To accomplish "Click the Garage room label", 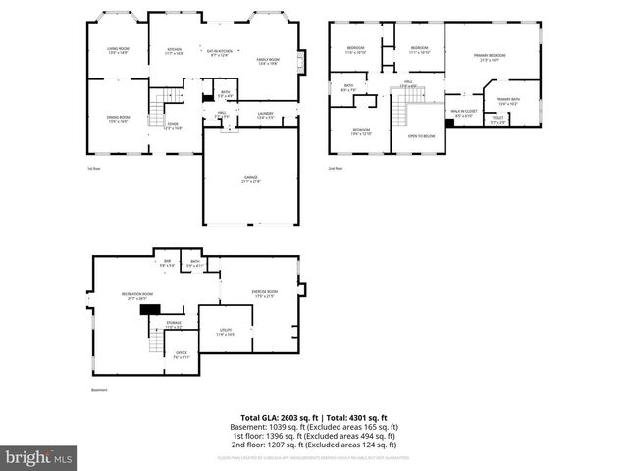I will click(252, 178).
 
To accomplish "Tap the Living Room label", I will click(118, 51).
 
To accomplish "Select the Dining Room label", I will click(119, 119).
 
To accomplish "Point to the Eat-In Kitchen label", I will click(219, 52).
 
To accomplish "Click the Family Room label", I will click(268, 61).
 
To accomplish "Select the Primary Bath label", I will click(508, 101).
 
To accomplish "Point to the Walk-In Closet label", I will click(464, 114).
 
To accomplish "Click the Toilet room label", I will click(498, 120).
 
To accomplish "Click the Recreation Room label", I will click(137, 296).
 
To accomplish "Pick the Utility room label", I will click(225, 333).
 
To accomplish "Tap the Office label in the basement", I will click(182, 354).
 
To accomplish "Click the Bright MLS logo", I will click(39, 457).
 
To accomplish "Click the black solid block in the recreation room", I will click(149, 309).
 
